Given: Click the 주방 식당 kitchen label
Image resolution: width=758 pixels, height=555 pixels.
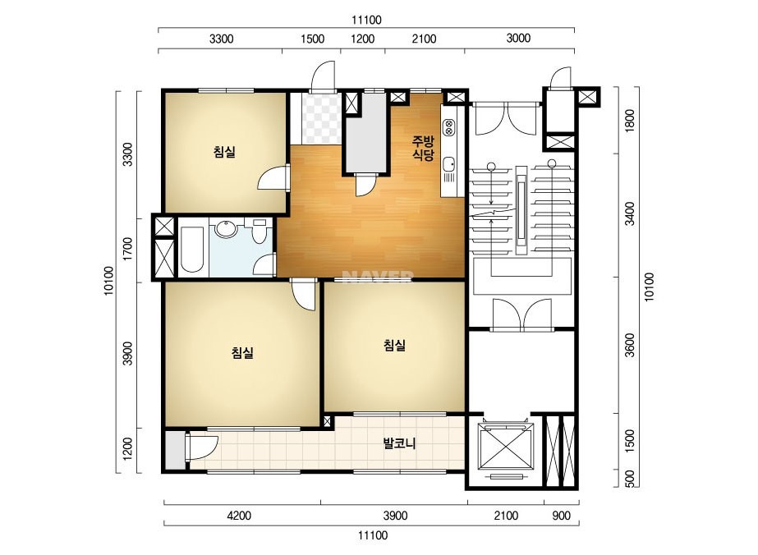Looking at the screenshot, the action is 423,149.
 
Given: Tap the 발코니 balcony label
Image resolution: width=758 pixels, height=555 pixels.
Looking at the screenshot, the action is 399,443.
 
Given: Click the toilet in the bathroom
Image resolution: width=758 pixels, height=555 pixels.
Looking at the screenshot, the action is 260,231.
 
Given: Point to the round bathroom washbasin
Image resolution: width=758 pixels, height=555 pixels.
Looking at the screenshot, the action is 226,229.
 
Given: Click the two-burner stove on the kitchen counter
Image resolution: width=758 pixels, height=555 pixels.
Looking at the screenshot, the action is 448,126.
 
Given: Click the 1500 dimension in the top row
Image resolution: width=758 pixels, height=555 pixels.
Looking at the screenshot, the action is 312,39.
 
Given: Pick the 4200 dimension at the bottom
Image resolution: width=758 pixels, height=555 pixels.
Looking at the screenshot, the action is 239,516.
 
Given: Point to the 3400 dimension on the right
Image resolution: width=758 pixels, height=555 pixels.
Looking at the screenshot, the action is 629,213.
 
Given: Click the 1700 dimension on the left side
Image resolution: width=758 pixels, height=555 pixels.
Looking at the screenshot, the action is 127,249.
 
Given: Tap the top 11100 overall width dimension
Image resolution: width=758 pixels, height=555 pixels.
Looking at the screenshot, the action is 366,20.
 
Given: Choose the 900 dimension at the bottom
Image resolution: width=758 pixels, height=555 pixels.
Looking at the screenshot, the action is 561,516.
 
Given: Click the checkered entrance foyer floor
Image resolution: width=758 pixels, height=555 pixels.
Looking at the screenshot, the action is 320,119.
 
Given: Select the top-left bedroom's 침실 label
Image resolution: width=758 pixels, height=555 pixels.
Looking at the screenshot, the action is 224,152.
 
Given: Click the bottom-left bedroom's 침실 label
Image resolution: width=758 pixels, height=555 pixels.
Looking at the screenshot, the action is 242,353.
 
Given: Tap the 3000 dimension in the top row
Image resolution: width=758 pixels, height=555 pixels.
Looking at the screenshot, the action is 518,38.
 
